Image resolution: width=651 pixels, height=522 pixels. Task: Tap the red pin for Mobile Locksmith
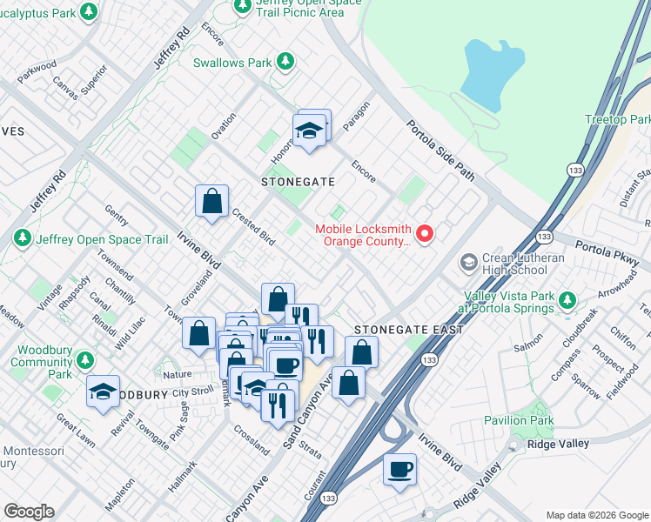(x=425, y=234)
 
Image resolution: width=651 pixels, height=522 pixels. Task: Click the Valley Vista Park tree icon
(x=568, y=301)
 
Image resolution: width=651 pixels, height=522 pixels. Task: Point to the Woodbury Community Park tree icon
(x=84, y=360)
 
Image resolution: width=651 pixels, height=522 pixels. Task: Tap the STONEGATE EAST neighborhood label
(x=408, y=330)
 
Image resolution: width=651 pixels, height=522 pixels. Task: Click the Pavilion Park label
(x=519, y=421)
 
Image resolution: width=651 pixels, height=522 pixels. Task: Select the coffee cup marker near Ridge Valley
(x=399, y=470)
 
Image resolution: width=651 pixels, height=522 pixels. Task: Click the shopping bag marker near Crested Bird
(x=211, y=202)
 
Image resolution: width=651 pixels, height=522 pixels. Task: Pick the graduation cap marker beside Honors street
(x=309, y=131)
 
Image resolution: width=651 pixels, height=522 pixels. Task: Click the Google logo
(x=29, y=512)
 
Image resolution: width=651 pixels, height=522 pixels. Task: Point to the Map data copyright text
(x=595, y=514)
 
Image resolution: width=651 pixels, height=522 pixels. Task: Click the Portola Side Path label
(x=441, y=151)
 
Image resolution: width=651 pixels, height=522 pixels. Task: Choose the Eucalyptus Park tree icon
(x=88, y=12)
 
